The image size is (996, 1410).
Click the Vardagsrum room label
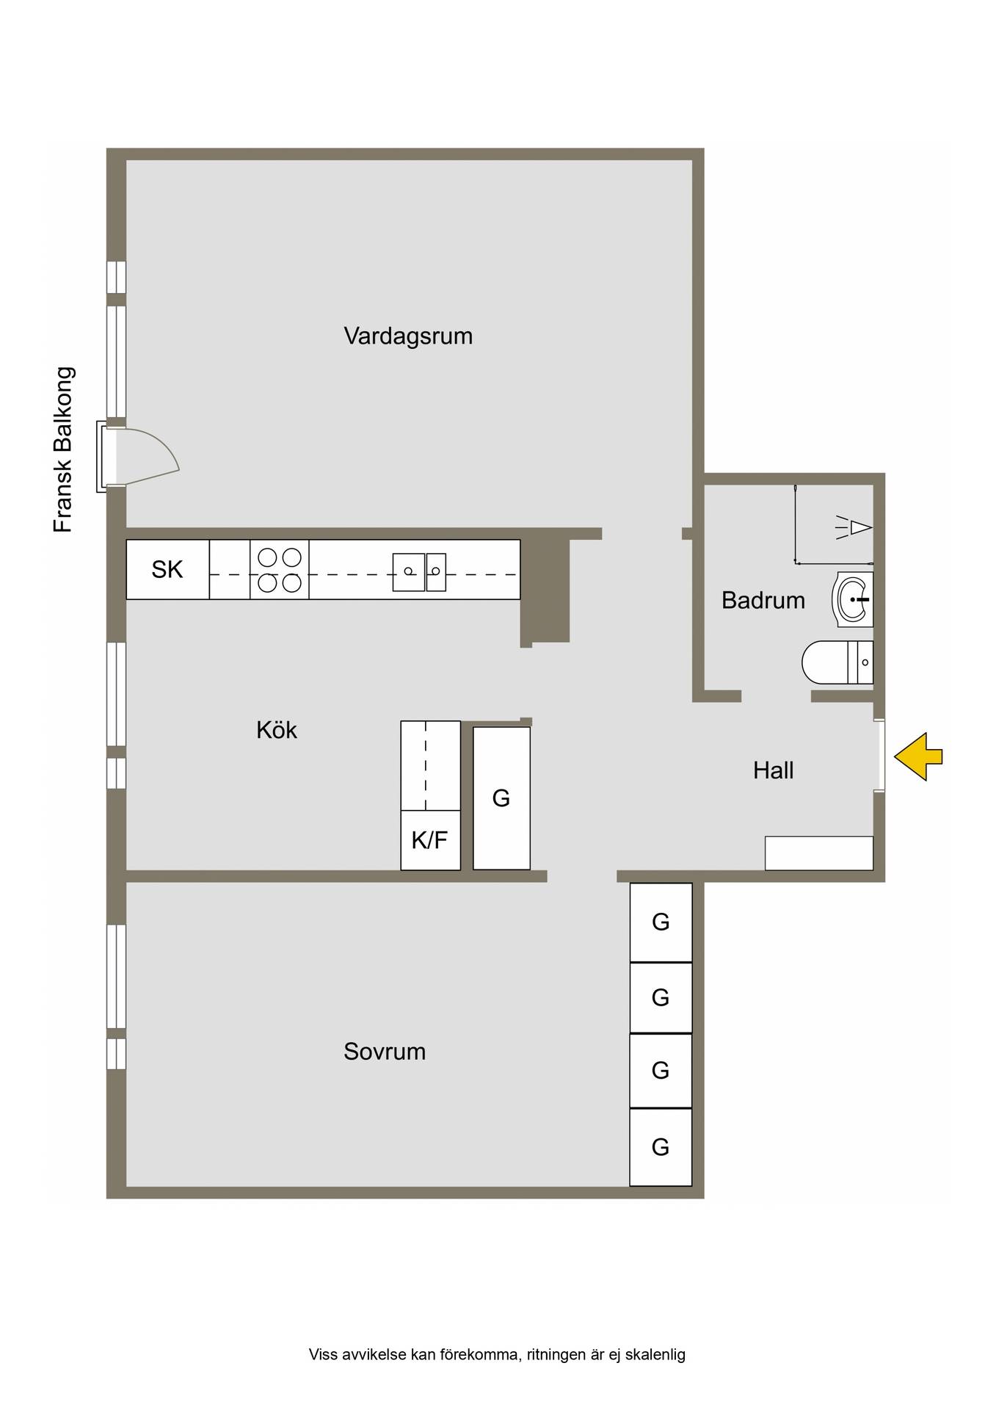(x=408, y=336)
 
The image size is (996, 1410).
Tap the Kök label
(x=277, y=730)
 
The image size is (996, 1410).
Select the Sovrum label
(x=385, y=1052)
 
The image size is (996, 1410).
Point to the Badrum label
(x=763, y=600)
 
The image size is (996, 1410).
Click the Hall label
(x=774, y=770)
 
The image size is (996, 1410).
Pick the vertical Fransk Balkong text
(x=64, y=449)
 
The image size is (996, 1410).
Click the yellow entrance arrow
(x=918, y=756)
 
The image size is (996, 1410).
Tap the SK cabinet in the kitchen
(x=168, y=570)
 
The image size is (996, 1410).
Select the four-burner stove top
(x=280, y=570)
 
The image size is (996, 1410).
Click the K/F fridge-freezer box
(x=431, y=840)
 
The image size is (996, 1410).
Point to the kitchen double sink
(x=419, y=572)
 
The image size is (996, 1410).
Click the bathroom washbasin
(x=853, y=599)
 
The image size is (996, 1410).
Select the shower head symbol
(x=856, y=527)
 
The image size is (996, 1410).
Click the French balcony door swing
(x=147, y=458)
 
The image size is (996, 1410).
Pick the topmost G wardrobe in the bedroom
(x=661, y=922)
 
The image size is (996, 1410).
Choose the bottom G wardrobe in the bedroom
(x=661, y=1147)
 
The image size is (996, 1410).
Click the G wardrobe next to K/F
(x=502, y=798)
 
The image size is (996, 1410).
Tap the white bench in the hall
(x=819, y=853)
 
